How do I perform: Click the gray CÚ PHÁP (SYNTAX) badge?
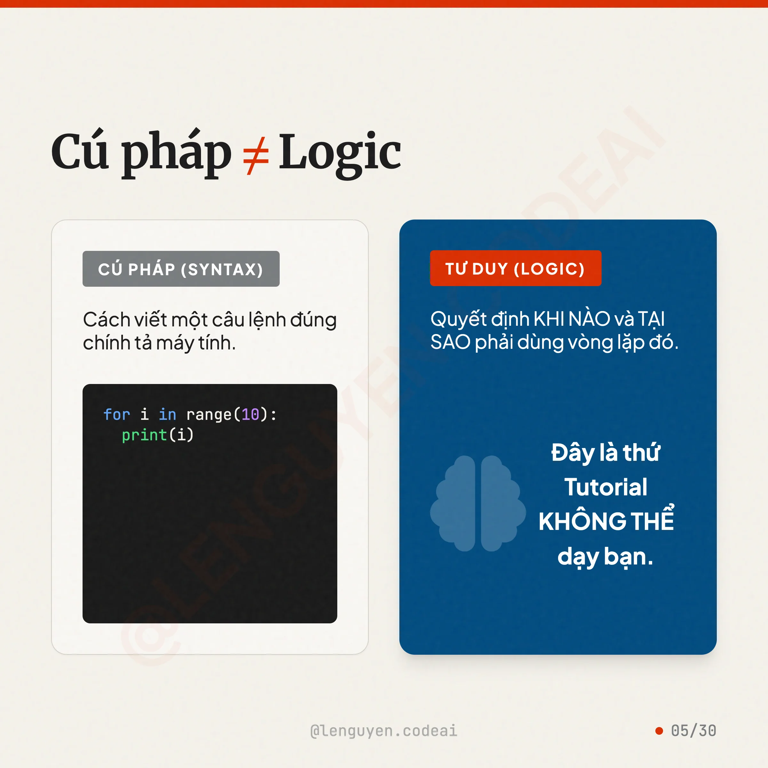coord(181,269)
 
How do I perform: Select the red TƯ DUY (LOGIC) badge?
coord(516,268)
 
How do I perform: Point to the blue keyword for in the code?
coord(116,415)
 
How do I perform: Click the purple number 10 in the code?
coord(251,415)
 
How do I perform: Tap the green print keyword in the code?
coord(144,435)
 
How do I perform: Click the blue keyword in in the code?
coord(167,415)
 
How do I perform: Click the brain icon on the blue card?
coord(478,503)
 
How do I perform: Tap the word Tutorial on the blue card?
coord(606,487)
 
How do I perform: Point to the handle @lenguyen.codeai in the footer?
coord(384,731)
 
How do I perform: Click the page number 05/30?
coord(694,731)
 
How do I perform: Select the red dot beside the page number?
coord(659,731)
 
